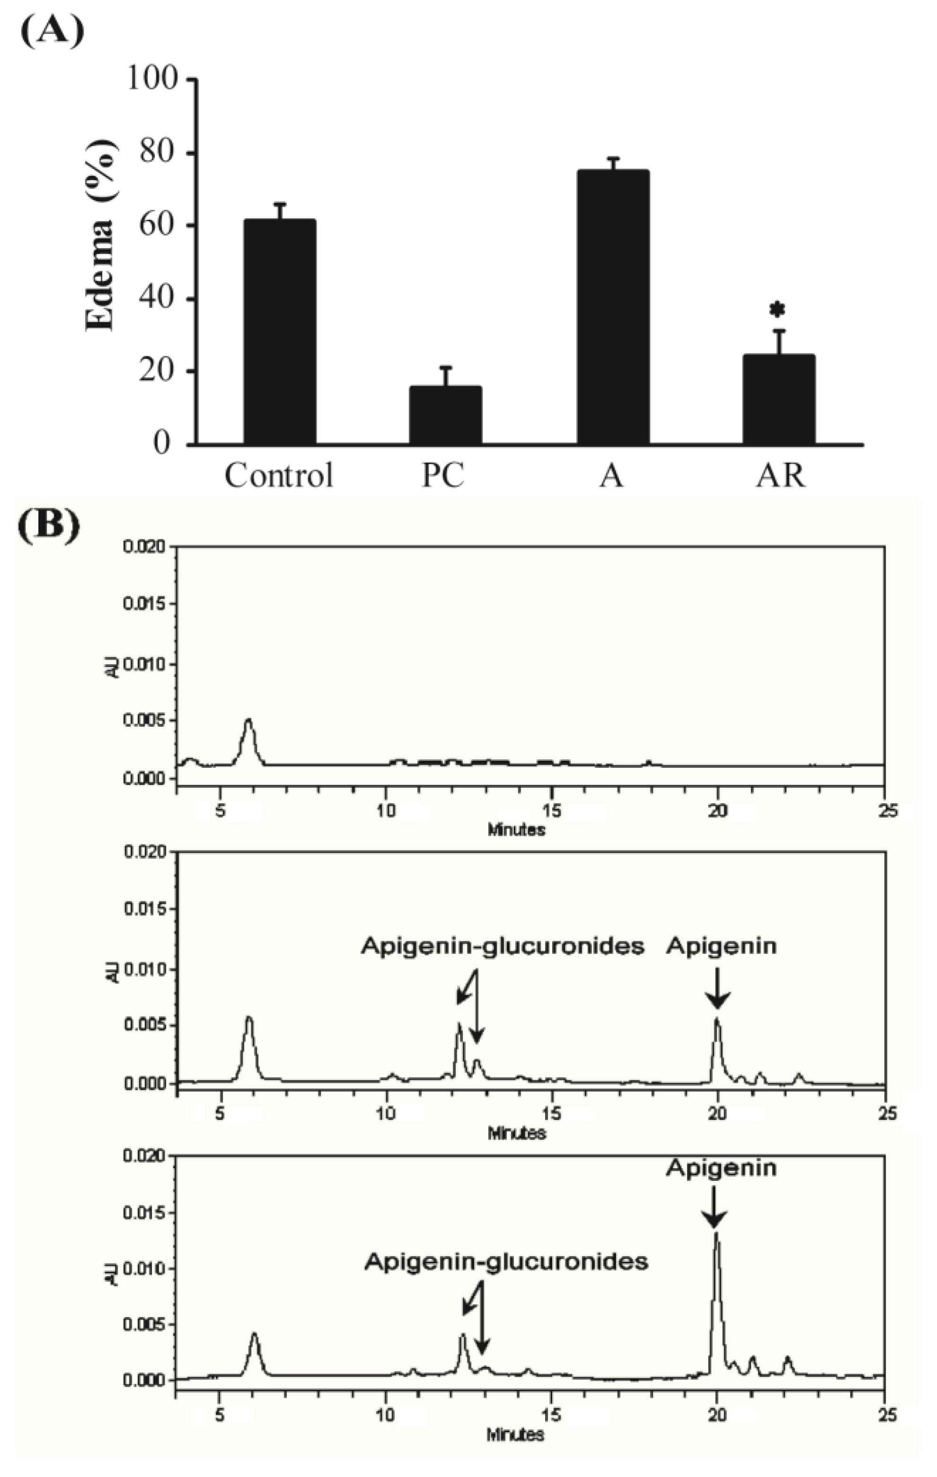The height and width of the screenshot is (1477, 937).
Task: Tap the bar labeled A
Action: click(x=612, y=307)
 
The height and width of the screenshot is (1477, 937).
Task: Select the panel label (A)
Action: click(x=52, y=32)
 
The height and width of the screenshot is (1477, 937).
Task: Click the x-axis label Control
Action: click(x=279, y=475)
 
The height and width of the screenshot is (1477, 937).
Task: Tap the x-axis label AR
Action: click(x=780, y=475)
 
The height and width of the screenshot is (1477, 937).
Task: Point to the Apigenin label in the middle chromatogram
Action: click(x=722, y=947)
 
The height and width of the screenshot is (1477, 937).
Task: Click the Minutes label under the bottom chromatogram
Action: click(x=516, y=1435)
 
